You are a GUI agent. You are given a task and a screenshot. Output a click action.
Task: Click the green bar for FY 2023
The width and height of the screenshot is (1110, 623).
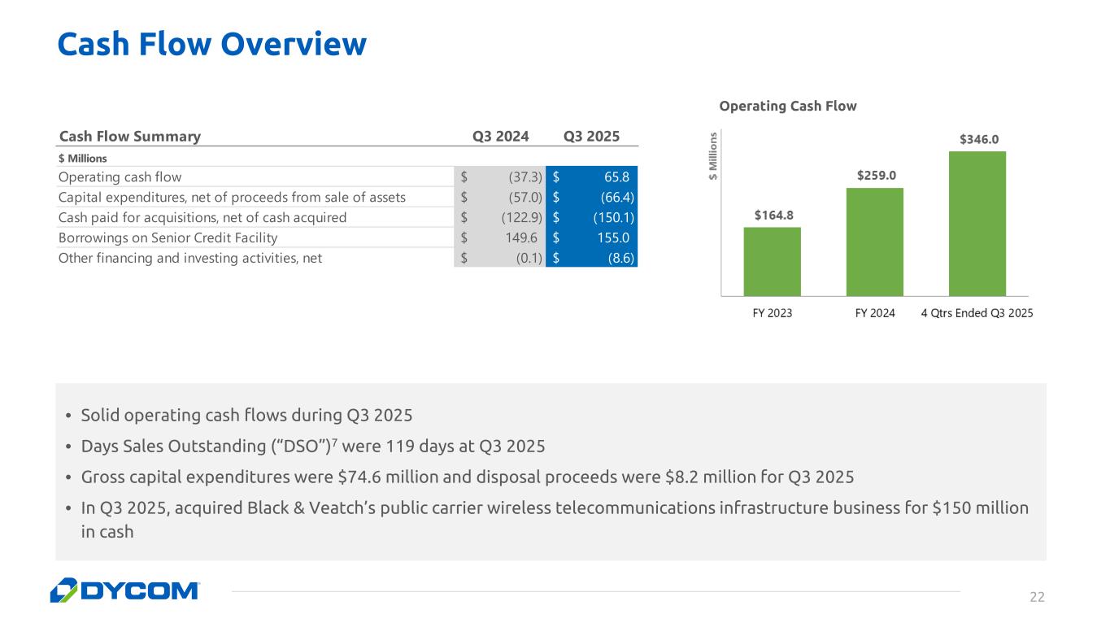pos(772,262)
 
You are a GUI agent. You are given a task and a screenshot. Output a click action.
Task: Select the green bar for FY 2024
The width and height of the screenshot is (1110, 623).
pos(875,242)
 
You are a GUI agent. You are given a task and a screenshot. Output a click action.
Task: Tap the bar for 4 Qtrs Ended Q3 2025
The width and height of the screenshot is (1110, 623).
pos(977,224)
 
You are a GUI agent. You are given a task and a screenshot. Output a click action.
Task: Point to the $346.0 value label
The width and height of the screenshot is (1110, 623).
pos(979,139)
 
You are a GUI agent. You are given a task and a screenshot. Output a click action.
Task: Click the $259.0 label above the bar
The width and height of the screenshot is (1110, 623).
pos(877,176)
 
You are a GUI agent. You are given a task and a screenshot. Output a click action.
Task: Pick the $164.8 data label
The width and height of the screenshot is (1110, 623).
pos(773,215)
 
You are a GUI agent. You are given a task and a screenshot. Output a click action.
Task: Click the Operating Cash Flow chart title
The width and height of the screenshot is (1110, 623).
pos(788,106)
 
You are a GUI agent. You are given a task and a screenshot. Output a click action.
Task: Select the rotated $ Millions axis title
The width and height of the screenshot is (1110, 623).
pos(713,156)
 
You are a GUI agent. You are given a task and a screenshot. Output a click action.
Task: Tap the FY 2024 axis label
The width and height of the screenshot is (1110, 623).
pos(875,313)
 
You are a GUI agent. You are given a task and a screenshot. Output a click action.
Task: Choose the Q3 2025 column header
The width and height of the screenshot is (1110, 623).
pos(591,137)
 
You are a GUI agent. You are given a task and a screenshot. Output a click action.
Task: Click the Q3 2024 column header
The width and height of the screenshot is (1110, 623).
pos(500,137)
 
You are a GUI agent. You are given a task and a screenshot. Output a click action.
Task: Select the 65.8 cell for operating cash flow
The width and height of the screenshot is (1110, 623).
pos(617,177)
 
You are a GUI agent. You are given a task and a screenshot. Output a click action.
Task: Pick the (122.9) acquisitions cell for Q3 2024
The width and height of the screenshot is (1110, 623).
pos(522,218)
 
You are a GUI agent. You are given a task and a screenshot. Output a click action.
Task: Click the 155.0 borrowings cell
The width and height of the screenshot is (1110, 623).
pos(613,238)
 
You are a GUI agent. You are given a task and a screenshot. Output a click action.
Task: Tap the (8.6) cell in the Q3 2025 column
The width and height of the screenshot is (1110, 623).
pos(621,258)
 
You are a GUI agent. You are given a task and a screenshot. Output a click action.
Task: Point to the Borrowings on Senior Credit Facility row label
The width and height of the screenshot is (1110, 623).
pos(168,238)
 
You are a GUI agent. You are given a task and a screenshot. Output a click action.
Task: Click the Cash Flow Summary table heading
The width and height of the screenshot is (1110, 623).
pos(130,137)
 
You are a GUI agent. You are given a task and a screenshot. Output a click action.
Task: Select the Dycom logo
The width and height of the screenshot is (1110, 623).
pos(125,590)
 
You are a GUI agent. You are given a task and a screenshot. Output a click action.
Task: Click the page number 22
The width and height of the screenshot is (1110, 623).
pos(1037,597)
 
